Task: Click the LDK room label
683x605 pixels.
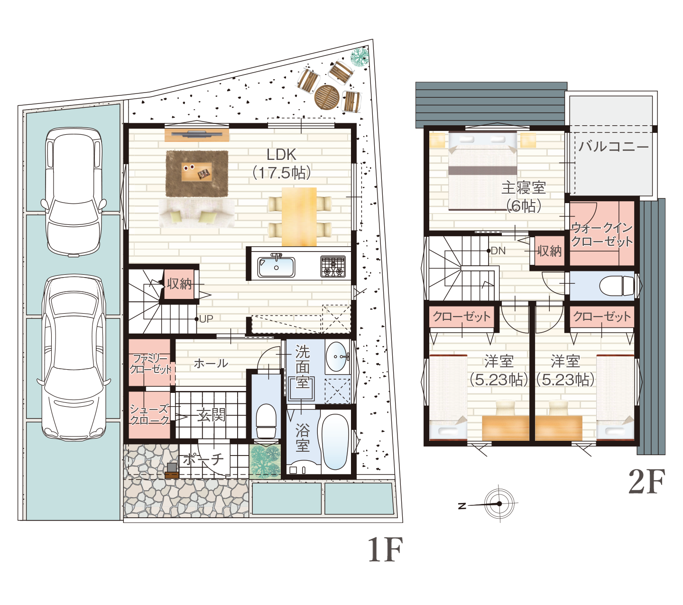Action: coord(281,155)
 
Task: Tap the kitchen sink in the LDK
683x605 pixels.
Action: coord(276,267)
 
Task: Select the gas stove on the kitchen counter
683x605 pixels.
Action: coord(333,266)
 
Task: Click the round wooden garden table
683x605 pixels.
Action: coord(327,97)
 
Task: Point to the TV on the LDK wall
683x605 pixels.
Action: coord(197,134)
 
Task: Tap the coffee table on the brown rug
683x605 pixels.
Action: coord(197,171)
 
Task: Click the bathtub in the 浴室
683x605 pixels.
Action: coord(335,442)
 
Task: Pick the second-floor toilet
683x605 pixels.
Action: coord(617,286)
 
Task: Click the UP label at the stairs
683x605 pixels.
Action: coord(206,319)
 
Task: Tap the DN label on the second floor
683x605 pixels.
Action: coord(498,251)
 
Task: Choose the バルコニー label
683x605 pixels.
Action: coord(614,147)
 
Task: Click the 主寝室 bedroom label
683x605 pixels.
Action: coord(523,188)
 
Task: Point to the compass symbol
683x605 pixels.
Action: coord(499,504)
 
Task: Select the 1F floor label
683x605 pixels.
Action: coord(385,549)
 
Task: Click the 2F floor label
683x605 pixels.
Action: coord(647,482)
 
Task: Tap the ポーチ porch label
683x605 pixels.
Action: coord(203,459)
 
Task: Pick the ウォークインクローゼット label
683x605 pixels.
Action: coord(602,235)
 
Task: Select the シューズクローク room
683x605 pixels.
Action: coord(149,415)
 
